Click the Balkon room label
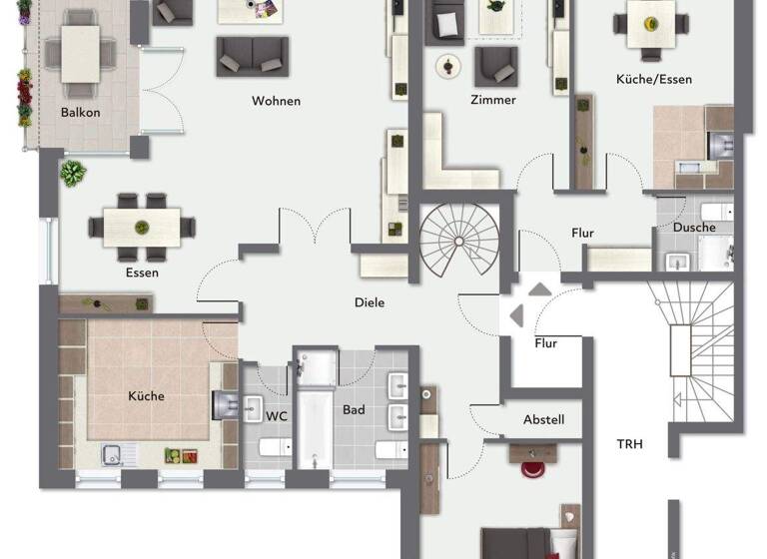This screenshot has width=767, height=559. coord(80,113)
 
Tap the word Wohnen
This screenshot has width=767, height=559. coord(276,101)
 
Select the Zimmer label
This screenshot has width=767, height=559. coord(492,100)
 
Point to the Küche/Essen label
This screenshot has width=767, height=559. coord(654,79)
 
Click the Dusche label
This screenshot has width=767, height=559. coord(694,228)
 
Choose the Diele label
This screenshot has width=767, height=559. coord(369,302)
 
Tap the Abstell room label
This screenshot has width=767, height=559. coord(543,420)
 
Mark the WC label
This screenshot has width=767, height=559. coord(276,416)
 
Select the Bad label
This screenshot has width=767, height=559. coord(354,410)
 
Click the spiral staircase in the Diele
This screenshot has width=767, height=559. coord(457,241)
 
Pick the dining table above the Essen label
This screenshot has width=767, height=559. coord(142,226)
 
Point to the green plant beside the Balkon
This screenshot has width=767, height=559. coord(72,173)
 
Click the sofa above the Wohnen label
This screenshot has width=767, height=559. coord(252,56)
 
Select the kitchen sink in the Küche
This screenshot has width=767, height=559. coord(117,455)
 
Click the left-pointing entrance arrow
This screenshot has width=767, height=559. coord(516,315)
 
